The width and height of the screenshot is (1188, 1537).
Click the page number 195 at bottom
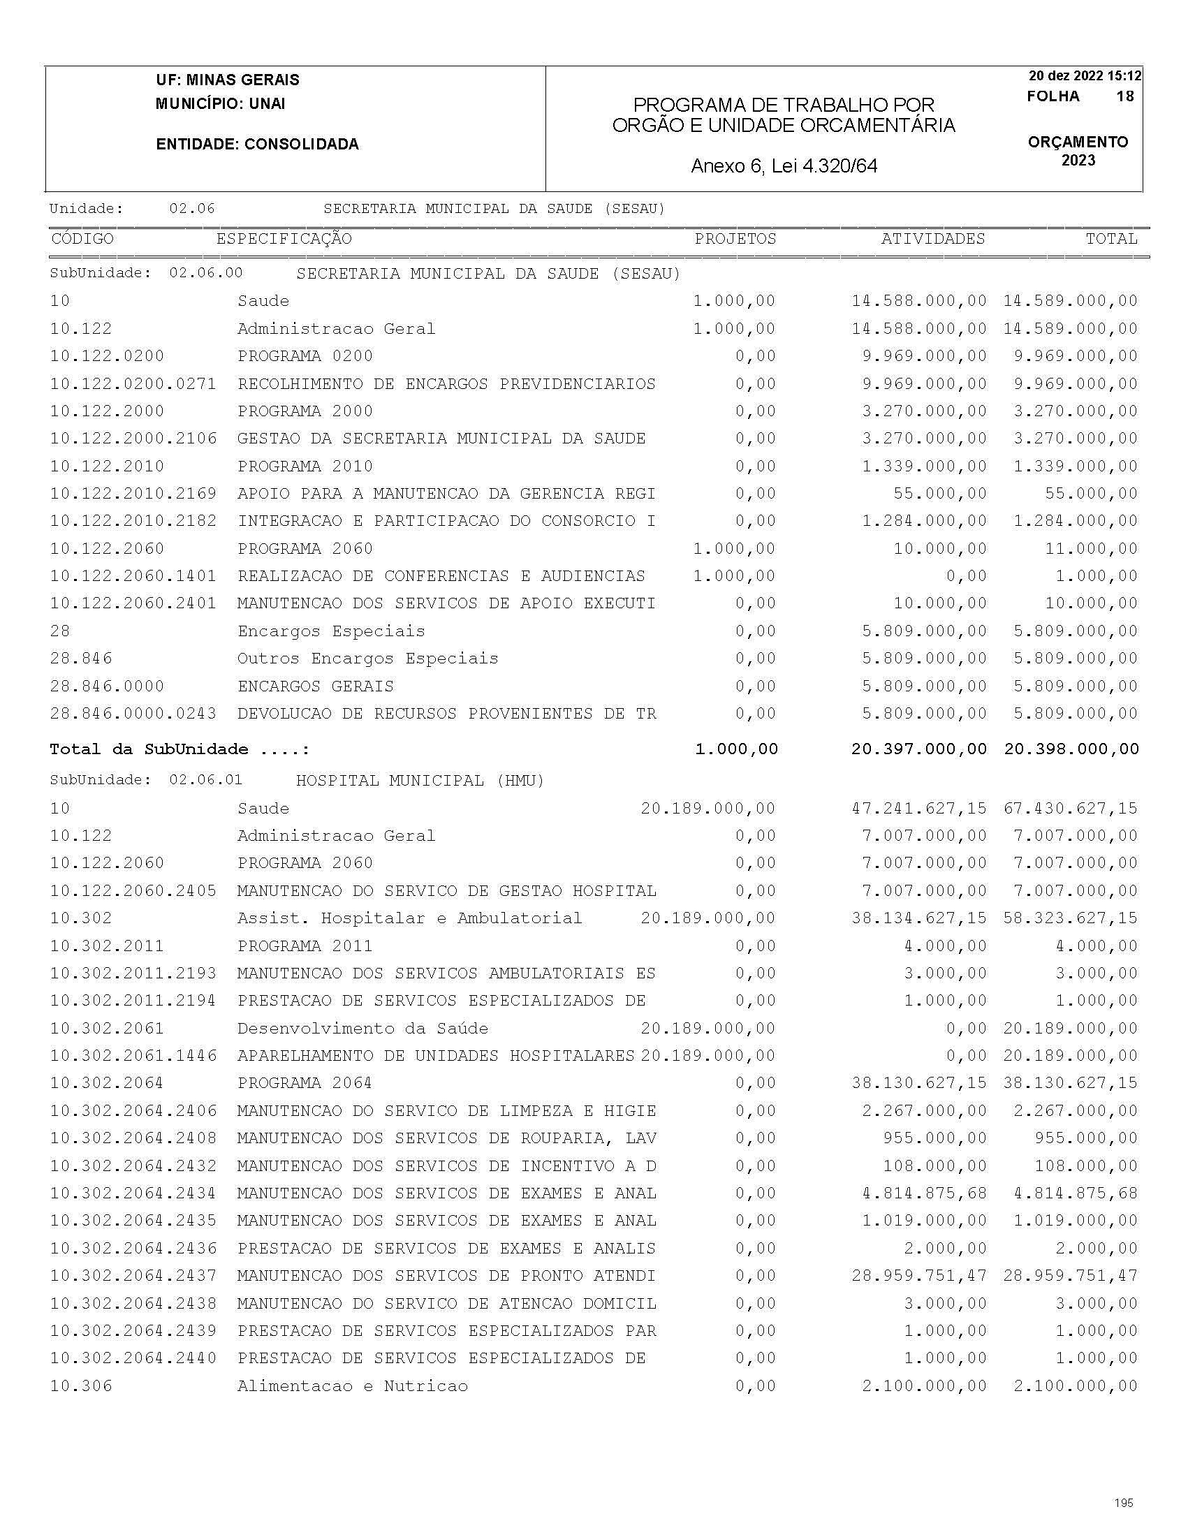1124,1503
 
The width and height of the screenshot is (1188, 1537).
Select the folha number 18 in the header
1124,96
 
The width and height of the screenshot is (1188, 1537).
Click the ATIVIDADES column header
932,239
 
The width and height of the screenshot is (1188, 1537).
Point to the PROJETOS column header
735,239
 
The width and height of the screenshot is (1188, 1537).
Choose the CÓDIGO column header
82,239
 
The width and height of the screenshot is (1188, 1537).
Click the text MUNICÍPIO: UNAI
220,103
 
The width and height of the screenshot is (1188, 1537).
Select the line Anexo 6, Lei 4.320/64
784,166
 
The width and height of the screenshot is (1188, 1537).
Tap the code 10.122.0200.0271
133,383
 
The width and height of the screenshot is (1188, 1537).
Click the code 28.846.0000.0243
133,714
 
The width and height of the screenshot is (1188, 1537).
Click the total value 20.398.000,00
1071,749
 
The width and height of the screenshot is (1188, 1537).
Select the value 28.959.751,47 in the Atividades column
918,1275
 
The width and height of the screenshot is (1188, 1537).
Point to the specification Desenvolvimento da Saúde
362,1028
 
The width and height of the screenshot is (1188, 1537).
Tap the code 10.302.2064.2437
133,1275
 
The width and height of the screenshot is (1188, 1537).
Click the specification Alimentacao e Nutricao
352,1385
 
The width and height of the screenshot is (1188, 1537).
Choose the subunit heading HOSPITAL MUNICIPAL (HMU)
420,780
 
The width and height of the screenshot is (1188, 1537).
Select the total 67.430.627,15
1071,808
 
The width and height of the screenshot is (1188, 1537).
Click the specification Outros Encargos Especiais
367,659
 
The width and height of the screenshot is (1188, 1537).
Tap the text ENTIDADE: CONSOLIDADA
257,145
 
